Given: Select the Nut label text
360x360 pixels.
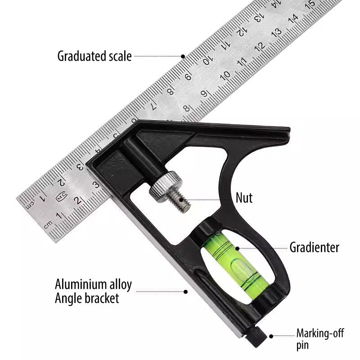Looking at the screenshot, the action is (244, 198).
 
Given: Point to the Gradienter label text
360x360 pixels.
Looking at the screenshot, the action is (314, 247).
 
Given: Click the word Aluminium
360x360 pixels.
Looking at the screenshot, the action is (81, 284).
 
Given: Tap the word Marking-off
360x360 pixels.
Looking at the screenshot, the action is (320, 333).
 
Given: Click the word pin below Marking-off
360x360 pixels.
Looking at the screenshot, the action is (302, 346).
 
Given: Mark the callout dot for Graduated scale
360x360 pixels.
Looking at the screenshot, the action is (183, 56).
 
